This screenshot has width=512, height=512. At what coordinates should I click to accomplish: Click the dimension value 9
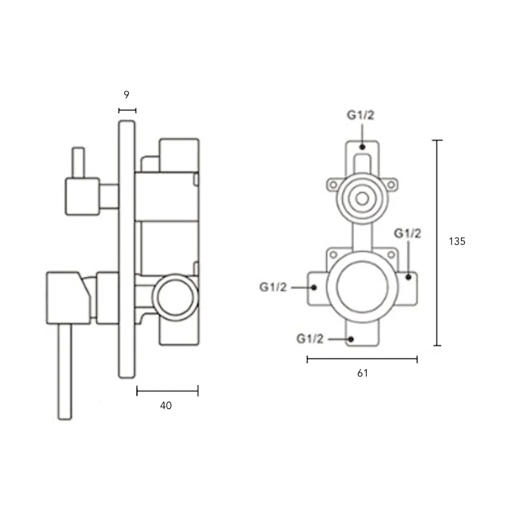click(127, 95)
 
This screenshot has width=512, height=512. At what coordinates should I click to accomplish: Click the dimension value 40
click(166, 406)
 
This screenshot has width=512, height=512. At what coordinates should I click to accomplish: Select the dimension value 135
click(457, 241)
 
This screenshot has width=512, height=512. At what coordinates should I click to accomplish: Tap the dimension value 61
click(362, 373)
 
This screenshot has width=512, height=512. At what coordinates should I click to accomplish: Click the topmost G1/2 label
click(361, 116)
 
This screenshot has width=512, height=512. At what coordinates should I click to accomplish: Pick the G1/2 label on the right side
click(407, 234)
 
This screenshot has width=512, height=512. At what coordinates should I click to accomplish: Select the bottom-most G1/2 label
click(310, 339)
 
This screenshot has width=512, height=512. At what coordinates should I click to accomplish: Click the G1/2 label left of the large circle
click(273, 287)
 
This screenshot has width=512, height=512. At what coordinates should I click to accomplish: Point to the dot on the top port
click(362, 147)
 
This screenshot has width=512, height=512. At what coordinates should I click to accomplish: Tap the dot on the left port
click(314, 287)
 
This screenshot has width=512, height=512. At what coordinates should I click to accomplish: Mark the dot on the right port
click(408, 276)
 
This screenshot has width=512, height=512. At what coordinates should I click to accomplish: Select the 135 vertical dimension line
click(437, 242)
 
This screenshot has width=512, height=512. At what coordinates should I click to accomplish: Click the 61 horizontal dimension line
click(362, 359)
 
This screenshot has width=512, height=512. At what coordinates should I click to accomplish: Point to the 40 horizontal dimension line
click(167, 391)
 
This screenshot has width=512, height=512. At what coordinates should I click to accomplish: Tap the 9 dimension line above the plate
click(127, 110)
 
